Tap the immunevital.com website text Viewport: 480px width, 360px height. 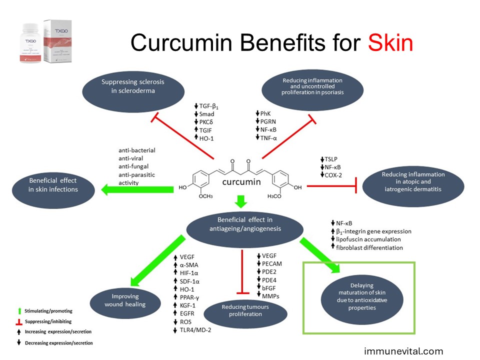(x=403, y=351)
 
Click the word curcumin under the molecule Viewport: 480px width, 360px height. (x=241, y=181)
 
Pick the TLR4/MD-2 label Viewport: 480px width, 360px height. (x=194, y=329)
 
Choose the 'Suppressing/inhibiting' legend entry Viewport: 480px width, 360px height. (x=41, y=321)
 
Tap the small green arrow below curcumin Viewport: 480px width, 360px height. (x=241, y=201)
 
